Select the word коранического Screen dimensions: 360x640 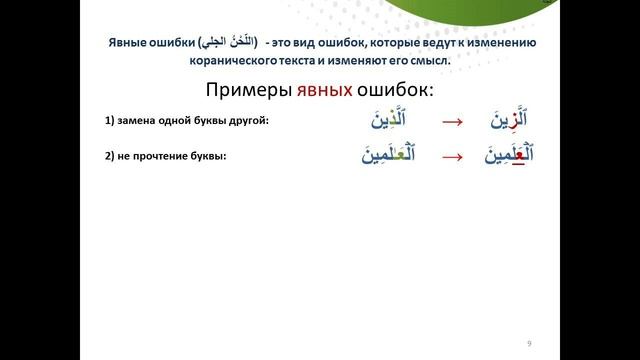click(x=234, y=60)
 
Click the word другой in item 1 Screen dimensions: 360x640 click(x=251, y=122)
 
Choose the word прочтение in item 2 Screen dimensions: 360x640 click(x=162, y=154)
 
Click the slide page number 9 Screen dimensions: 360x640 click(x=529, y=343)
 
